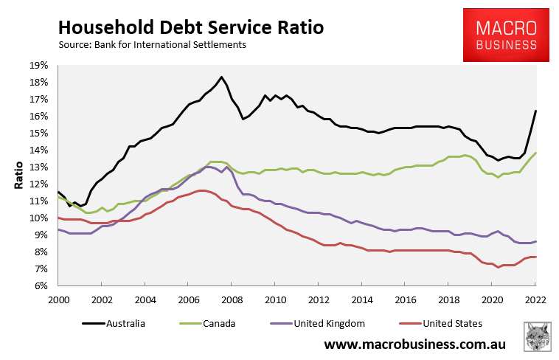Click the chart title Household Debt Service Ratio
191,27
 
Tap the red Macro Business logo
506,35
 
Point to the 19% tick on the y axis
38,65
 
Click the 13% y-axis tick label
38,167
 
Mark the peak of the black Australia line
221,77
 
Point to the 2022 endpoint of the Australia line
535,111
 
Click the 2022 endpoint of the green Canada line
535,153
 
